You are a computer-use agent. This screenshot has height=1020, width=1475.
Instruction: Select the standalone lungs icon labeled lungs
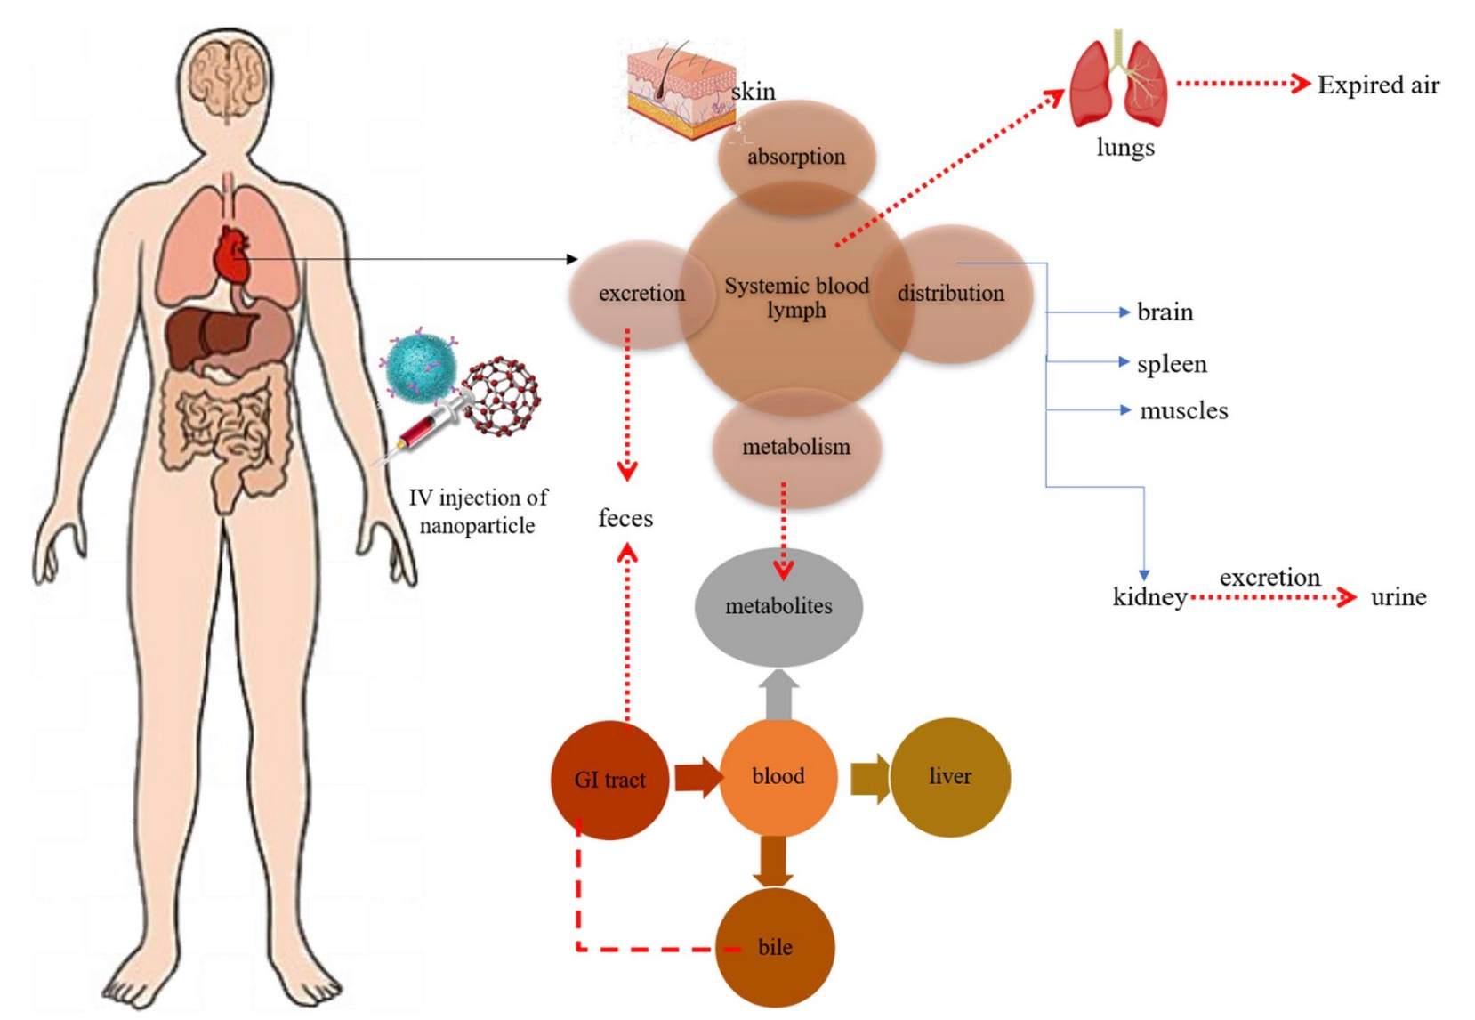[x=1119, y=84]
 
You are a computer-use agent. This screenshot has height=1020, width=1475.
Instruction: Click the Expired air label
[x=1377, y=85]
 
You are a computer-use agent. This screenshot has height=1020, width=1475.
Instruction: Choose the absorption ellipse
[x=795, y=157]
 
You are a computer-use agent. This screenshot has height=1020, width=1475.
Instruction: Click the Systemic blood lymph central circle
[x=795, y=297]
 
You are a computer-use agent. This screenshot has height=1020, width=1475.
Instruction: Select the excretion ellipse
[x=640, y=293]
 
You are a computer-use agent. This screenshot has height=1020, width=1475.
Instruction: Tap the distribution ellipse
[x=951, y=293]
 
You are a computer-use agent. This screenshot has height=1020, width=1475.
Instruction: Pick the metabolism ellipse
[x=795, y=447]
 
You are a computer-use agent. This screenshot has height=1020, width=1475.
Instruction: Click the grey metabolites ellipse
[x=778, y=606]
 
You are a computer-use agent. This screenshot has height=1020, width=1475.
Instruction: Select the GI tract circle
[x=609, y=780]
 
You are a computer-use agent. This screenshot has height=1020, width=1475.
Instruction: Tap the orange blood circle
[x=778, y=776]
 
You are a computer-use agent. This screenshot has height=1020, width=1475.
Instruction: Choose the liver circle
[x=949, y=776]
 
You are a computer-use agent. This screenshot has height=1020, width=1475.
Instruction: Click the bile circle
[x=775, y=947]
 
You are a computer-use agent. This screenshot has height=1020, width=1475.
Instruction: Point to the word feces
[x=625, y=518]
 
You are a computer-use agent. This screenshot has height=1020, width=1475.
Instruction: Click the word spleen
[x=1172, y=364]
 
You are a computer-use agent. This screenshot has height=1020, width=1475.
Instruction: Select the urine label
[x=1398, y=597]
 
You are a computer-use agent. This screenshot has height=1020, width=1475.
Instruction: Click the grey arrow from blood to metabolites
[x=779, y=695]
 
